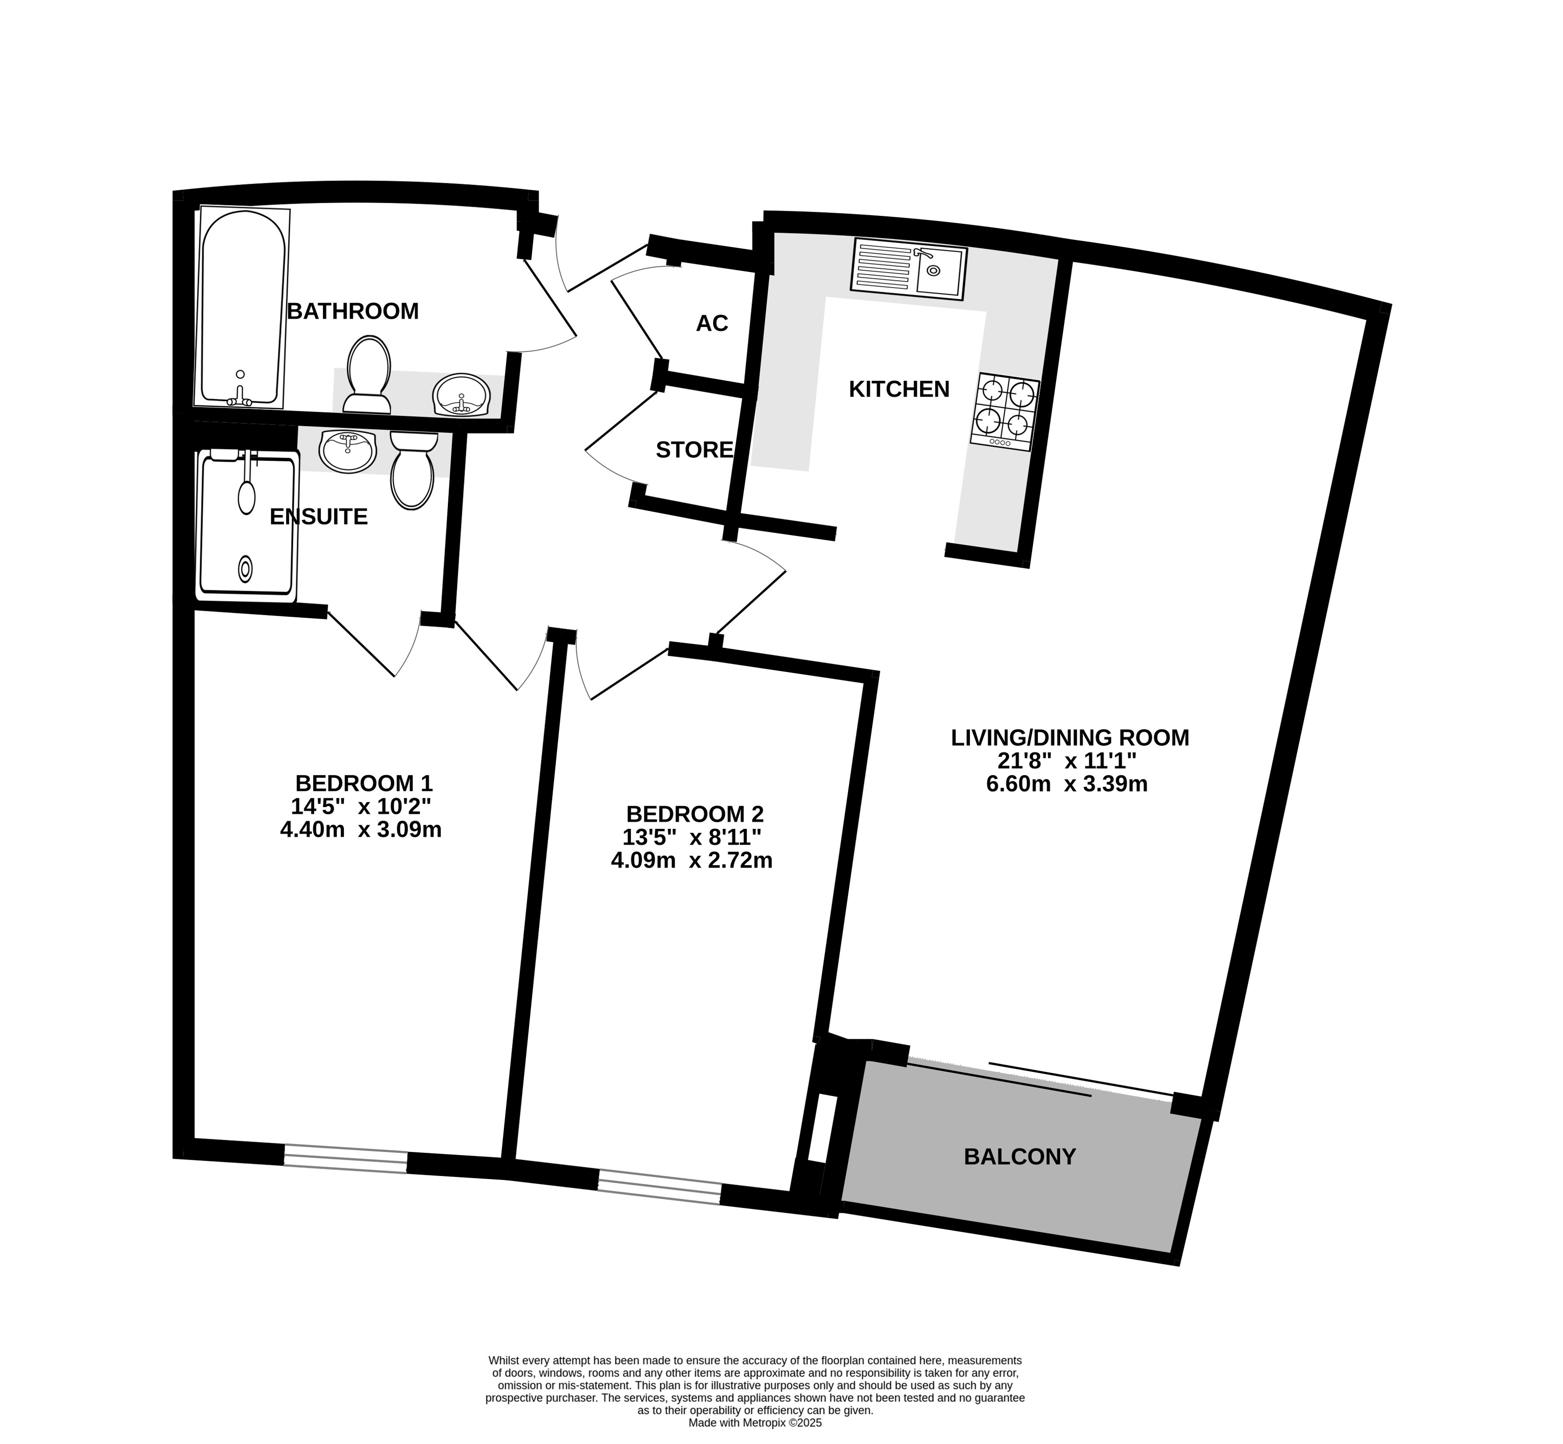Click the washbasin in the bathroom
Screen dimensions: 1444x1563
(x=461, y=395)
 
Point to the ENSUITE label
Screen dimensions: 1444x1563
(x=318, y=516)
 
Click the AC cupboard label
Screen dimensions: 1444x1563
(x=712, y=323)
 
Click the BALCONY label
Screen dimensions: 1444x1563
(x=1019, y=1156)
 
